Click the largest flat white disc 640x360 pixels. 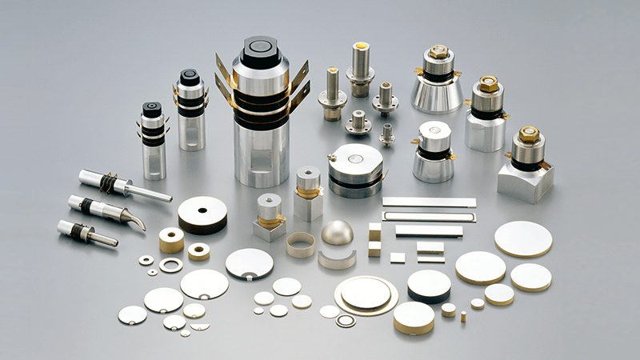tap(523, 238)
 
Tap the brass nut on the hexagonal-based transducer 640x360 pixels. tap(487, 83)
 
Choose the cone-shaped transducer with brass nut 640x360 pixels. tap(437, 80)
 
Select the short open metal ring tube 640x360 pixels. tap(301, 244)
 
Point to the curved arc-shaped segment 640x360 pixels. tap(337, 258)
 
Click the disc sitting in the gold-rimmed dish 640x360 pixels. tap(366, 293)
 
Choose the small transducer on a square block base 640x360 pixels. tap(270, 218)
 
